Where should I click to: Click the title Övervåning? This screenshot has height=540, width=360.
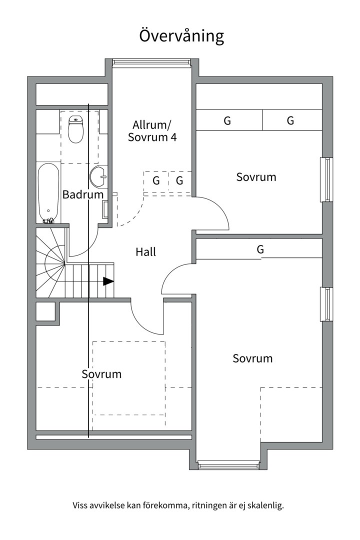coord(181,36)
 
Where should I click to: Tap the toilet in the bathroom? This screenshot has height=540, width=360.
coord(76,129)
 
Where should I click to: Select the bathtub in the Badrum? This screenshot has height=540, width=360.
coord(48,193)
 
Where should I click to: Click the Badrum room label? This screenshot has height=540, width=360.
coord(83,194)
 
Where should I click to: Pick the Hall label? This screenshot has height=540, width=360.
coord(145,251)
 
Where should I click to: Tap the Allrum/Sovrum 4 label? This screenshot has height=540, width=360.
coord(152,131)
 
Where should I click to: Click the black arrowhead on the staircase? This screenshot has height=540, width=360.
coord(108,281)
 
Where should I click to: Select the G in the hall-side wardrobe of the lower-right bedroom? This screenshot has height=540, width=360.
coord(260,248)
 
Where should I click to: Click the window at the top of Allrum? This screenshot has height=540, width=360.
coord(151,62)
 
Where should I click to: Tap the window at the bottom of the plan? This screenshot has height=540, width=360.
coord(228,465)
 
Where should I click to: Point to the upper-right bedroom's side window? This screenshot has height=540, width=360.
coord(326,179)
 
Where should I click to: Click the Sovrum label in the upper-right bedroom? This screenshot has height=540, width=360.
coord(256,177)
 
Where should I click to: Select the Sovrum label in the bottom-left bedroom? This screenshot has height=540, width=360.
coord(101,374)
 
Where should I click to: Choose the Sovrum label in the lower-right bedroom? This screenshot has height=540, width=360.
coord(252,358)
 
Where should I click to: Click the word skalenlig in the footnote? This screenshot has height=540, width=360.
coord(267,506)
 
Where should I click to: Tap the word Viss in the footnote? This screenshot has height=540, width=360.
coord(79,506)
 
